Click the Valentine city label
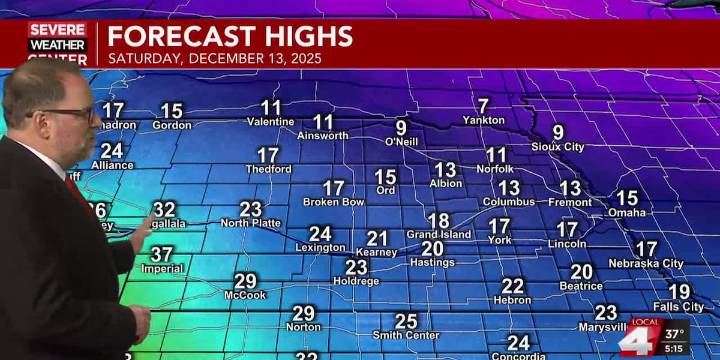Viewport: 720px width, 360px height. coord(270,122)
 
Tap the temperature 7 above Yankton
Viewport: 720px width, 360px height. coord(483,105)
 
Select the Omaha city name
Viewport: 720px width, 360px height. coord(627,212)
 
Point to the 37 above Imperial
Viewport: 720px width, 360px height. coord(162,254)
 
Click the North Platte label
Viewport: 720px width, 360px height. coord(250,223)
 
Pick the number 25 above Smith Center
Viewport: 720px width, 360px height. coord(405,321)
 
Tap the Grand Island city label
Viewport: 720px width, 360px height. coord(438,235)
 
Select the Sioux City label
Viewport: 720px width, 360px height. coord(558,147)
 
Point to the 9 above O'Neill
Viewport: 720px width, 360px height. coord(401,127)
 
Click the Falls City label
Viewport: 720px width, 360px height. coord(679,307)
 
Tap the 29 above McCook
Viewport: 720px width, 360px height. coord(245,281)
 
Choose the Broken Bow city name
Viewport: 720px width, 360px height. coord(333,202)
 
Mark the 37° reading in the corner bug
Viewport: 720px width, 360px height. coord(674,333)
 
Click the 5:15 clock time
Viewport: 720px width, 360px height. coord(674,349)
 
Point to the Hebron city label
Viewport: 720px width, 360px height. coord(513,300)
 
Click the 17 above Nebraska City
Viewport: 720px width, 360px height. coord(647,249)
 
